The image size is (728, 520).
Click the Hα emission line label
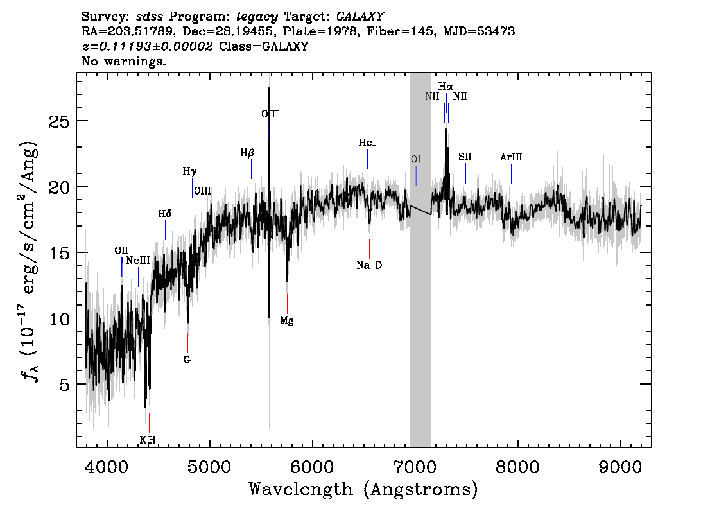coord(446,87)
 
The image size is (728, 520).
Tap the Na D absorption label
coord(369,265)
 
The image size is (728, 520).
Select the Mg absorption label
coord(287,320)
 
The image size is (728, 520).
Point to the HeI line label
coord(367,143)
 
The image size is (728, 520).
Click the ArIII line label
coord(511,157)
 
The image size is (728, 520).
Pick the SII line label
coord(465,157)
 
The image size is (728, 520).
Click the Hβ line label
coord(247,153)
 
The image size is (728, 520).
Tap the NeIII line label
coord(138,261)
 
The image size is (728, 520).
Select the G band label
coord(187,360)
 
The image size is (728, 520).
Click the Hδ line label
coord(165,214)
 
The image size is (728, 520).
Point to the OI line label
coord(415,159)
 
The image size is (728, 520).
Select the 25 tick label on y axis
coord(58,121)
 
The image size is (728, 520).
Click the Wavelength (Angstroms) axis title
coord(363,489)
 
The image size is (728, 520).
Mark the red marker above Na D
coord(370,248)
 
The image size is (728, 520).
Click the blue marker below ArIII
coord(512,174)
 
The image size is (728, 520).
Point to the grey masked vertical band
coord(420,260)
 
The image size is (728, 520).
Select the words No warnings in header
coord(123,61)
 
